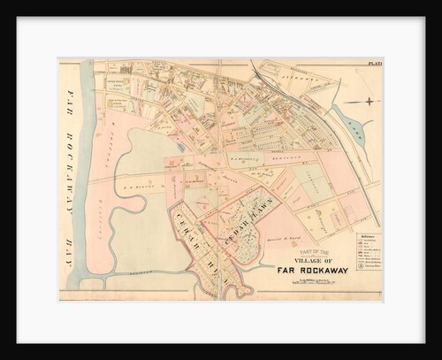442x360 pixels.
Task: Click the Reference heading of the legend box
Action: (x=366, y=236)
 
